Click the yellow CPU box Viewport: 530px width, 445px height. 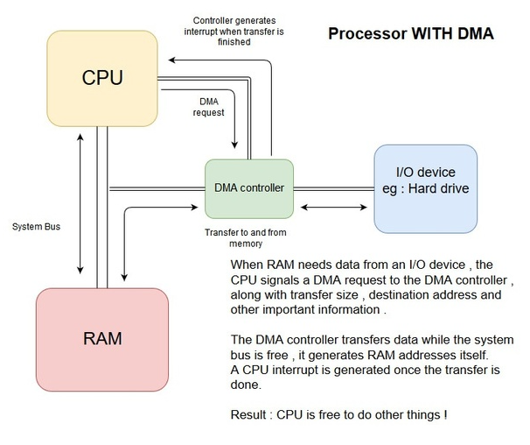click(101, 76)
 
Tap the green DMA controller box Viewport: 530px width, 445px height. click(250, 187)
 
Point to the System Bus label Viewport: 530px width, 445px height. click(37, 225)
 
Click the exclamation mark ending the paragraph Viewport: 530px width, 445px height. click(445, 413)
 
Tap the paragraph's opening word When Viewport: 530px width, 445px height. click(248, 265)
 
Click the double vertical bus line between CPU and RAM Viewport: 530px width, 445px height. click(103, 210)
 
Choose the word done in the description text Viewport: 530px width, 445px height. click(247, 385)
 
